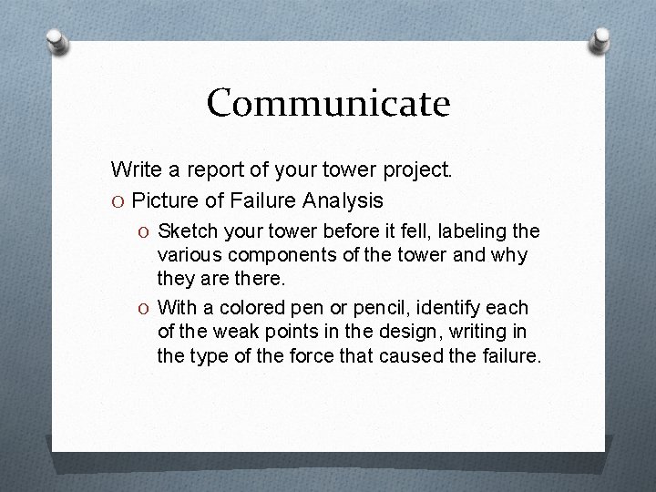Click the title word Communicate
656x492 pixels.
point(328,103)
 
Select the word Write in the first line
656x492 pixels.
point(134,169)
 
